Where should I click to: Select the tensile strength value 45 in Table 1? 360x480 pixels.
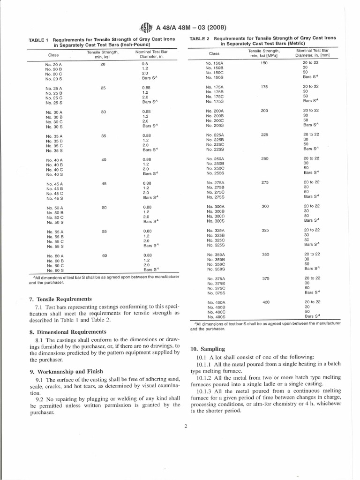pos(105,184)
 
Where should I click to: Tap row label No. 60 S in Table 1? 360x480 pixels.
pos(54,270)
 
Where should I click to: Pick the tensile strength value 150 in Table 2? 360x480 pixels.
pos(264,63)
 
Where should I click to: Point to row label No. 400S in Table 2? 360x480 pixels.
pos(216,316)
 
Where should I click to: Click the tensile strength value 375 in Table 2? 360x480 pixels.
pos(265,278)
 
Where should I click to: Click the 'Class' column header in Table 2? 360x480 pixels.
pos(214,53)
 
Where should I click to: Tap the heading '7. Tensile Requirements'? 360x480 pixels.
pos(60,299)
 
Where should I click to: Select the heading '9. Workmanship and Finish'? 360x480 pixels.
pos(63,371)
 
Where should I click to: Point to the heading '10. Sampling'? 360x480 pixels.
pos(208,349)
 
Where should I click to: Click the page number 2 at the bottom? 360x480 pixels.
pos(186,426)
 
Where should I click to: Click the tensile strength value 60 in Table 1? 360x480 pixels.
pos(105,255)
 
